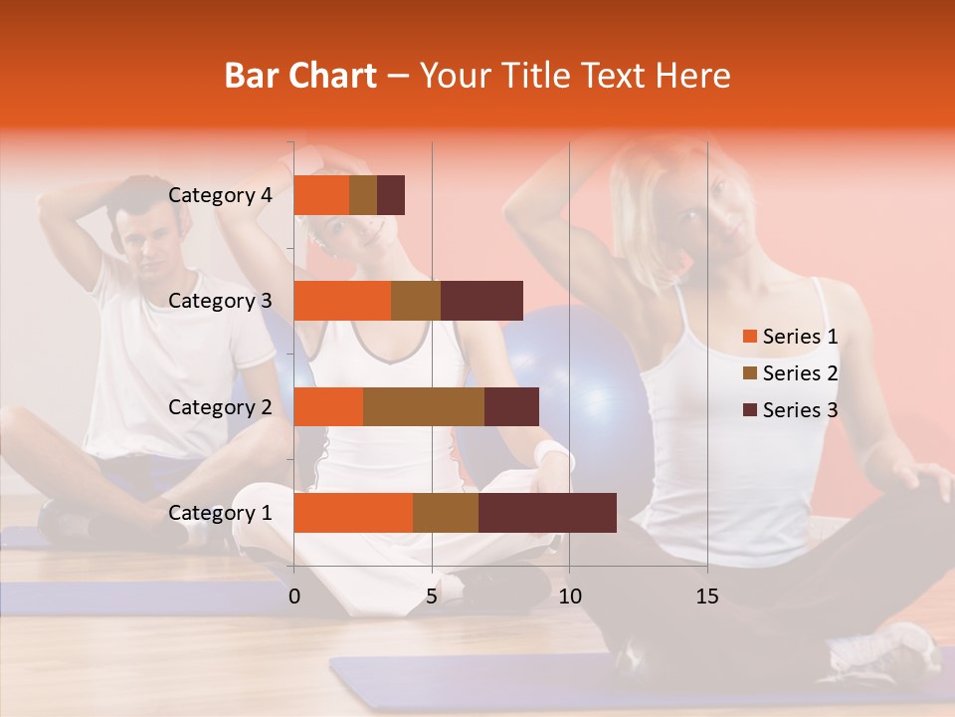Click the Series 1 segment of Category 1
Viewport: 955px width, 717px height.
pyautogui.click(x=353, y=513)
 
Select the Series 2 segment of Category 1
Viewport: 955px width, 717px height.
pyautogui.click(x=446, y=513)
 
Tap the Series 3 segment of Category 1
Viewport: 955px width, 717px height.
pyautogui.click(x=547, y=513)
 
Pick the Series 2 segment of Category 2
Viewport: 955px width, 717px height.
pyautogui.click(x=424, y=406)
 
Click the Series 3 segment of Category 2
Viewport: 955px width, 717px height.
pyautogui.click(x=511, y=406)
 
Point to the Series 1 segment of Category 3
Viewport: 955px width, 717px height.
pyautogui.click(x=342, y=301)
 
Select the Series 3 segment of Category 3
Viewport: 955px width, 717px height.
pyautogui.click(x=481, y=301)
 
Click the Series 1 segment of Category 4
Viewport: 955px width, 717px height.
pyautogui.click(x=321, y=195)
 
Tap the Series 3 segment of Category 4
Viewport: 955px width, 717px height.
pyautogui.click(x=391, y=195)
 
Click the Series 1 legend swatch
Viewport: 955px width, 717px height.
pyautogui.click(x=750, y=337)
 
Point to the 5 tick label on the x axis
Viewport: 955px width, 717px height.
pyautogui.click(x=432, y=597)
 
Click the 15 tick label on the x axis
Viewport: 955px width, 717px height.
pyautogui.click(x=706, y=597)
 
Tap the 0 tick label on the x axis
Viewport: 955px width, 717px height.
pyautogui.click(x=294, y=597)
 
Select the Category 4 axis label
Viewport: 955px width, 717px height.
pyautogui.click(x=220, y=195)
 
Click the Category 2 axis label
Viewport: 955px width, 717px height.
pyautogui.click(x=220, y=406)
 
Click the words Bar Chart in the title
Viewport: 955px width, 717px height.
pyautogui.click(x=300, y=76)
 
